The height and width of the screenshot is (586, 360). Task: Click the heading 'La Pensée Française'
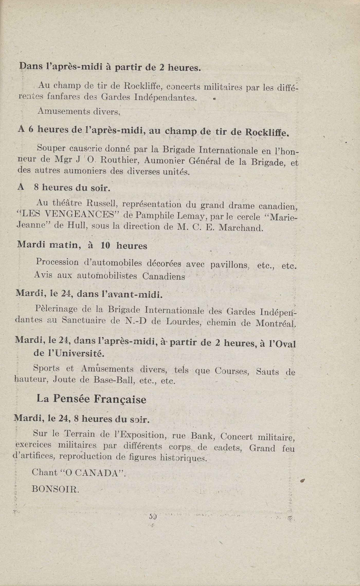coord(92,399)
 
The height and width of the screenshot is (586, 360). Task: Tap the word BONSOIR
coord(55,489)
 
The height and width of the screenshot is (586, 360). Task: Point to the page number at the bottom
coord(153,516)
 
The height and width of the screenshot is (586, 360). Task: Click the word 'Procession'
coord(57,262)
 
